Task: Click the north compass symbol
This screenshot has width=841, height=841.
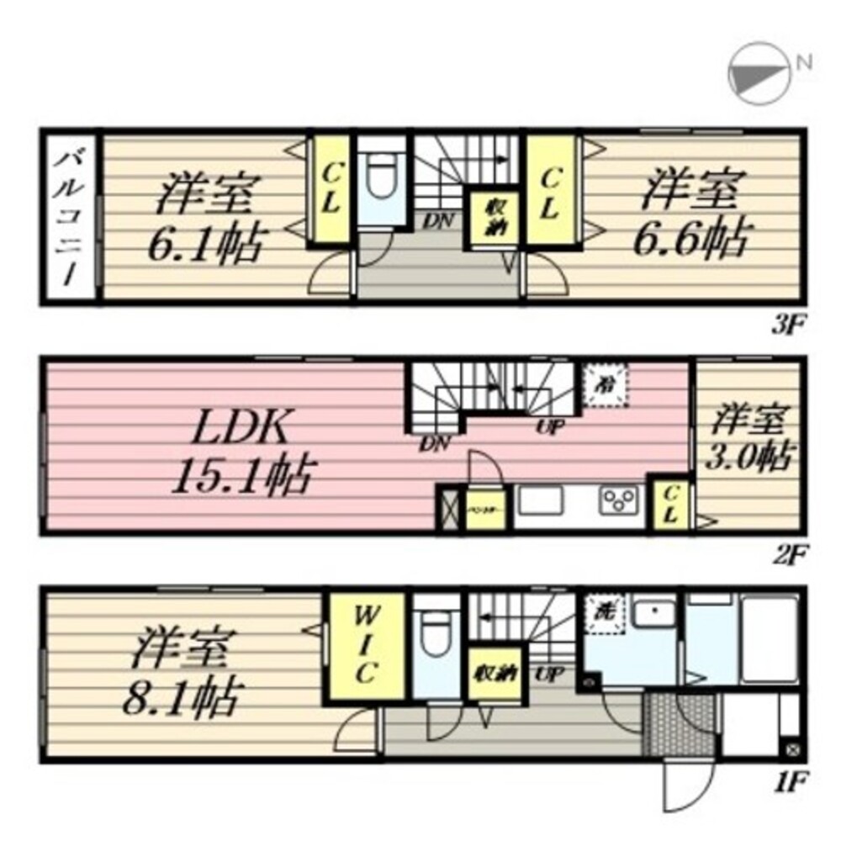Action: pos(758,73)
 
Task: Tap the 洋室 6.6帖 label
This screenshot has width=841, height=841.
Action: pos(692,217)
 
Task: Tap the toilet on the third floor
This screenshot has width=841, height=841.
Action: pos(383,177)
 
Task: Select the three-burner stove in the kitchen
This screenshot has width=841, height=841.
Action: pos(619,501)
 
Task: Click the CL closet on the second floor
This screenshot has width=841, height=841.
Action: pos(670,504)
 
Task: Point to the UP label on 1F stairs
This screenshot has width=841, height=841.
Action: pos(549,674)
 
